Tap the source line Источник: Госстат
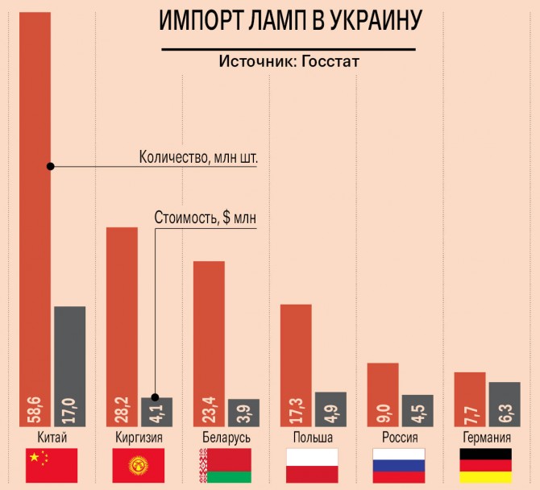pos(289,61)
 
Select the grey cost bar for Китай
pos(69,363)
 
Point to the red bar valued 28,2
pos(123,322)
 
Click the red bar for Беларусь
pos(209,338)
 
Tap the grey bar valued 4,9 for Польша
pos(330,409)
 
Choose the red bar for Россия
pos(383,393)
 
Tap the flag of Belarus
pos(225,466)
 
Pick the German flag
pos(485,466)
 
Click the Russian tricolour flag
pos(398,466)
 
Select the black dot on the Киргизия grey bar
pos(156,397)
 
